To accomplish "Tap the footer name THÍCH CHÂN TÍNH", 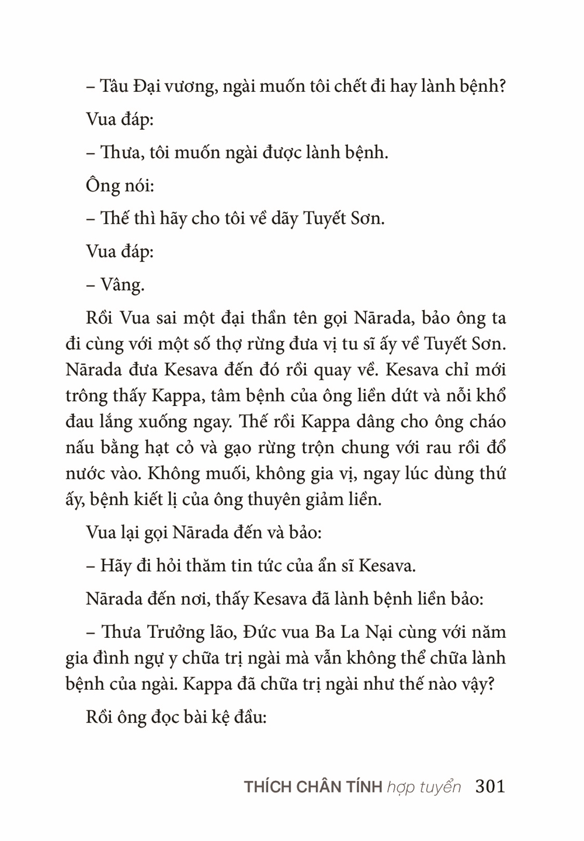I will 313,787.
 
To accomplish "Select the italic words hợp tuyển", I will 423,787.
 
